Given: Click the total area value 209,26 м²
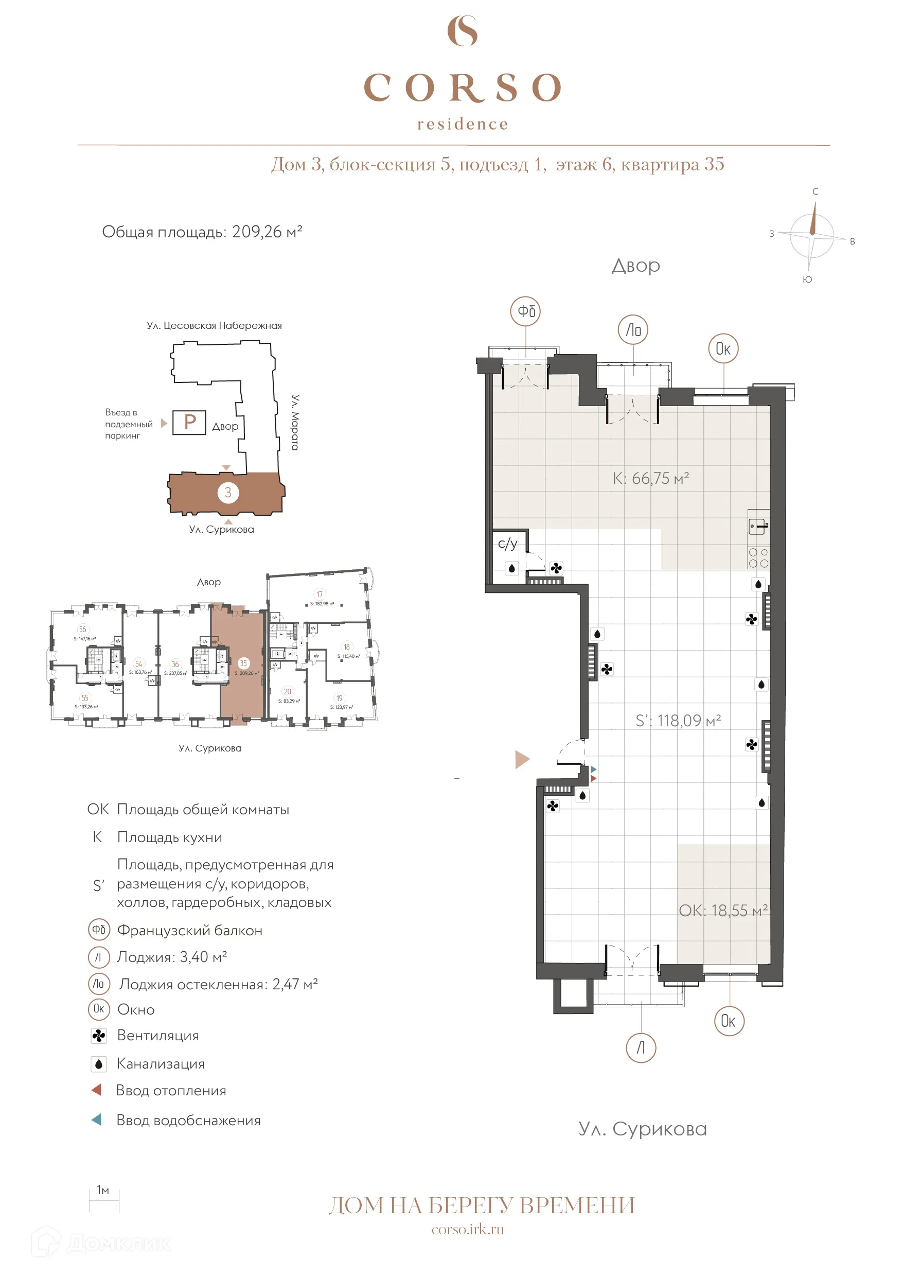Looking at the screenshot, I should [x=267, y=232].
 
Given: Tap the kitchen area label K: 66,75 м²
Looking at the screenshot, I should [x=650, y=478].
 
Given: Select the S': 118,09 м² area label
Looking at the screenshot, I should [x=678, y=721].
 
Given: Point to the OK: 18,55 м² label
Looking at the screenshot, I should [x=723, y=911].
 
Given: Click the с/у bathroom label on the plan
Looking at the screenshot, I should [x=507, y=544].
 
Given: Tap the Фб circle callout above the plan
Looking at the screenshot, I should [x=525, y=311].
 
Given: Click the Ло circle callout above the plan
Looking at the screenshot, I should [x=633, y=330].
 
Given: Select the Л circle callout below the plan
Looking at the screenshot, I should [x=641, y=1048].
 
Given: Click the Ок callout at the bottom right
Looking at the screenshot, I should [x=729, y=1021].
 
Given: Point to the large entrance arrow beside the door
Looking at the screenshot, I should [x=522, y=759].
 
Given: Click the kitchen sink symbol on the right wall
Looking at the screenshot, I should [x=757, y=526].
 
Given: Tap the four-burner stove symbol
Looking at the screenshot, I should [x=758, y=558].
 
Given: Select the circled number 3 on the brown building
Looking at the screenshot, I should [x=228, y=492].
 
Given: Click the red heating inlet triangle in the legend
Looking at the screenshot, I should [x=96, y=1090].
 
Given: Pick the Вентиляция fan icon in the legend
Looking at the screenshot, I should [x=98, y=1036].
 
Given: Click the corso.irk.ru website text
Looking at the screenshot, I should [x=468, y=1229].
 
